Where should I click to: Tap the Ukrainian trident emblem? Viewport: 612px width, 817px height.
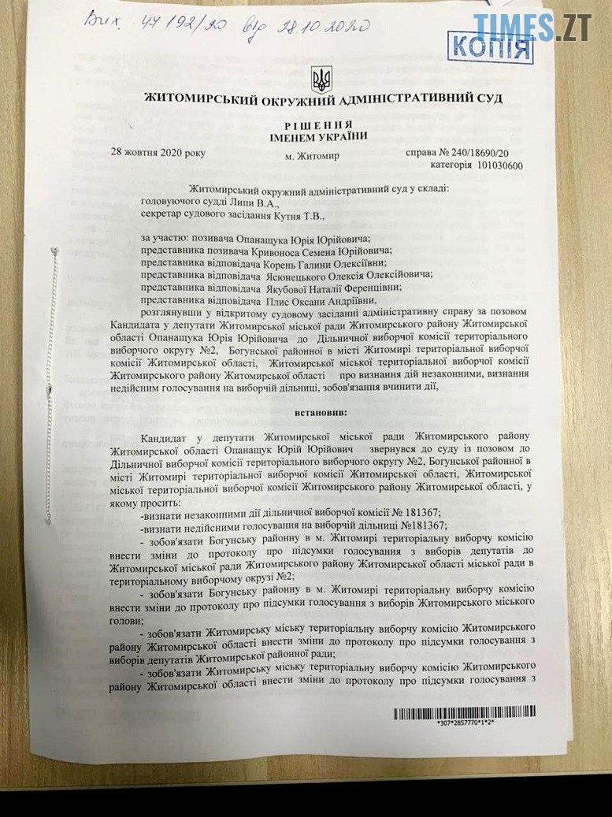[x=321, y=78]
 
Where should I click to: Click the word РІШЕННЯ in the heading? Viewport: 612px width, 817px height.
[x=320, y=125]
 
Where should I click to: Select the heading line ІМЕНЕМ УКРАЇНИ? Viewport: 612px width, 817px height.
[x=320, y=137]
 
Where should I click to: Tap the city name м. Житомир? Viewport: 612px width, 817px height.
[x=312, y=156]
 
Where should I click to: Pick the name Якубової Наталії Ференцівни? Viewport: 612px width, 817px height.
[x=323, y=288]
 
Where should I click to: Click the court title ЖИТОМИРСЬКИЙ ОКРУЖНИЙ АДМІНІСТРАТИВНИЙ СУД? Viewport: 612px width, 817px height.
[x=323, y=99]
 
